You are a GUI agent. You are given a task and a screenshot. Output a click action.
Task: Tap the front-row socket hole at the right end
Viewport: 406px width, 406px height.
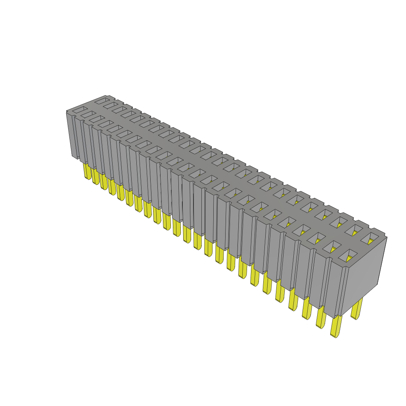point(349,255)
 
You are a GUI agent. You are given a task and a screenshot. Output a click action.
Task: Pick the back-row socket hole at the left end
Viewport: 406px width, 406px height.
point(101,100)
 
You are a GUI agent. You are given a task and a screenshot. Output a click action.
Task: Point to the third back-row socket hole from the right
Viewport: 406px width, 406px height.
point(341,222)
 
